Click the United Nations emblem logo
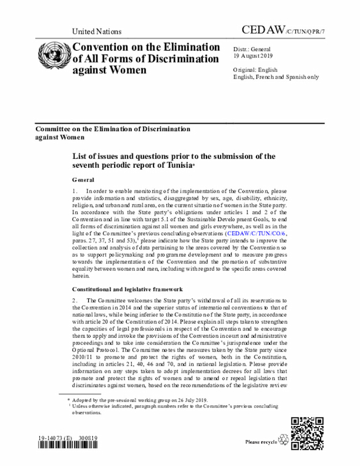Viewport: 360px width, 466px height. click(53, 58)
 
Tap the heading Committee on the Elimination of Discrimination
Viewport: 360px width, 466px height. click(112, 129)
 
